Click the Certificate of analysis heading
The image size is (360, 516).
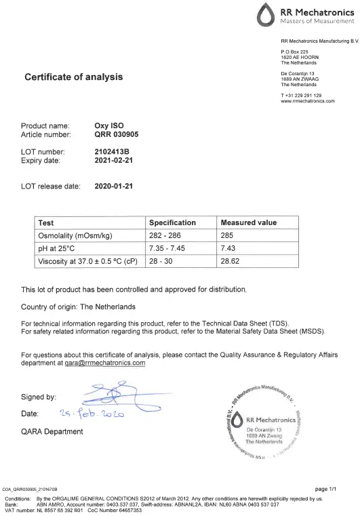coord(74,77)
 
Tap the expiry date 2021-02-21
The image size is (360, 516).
coord(115,161)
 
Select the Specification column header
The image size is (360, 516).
coord(172,222)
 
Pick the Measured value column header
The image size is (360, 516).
coord(249,222)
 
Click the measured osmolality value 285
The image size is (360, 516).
coord(228,235)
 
